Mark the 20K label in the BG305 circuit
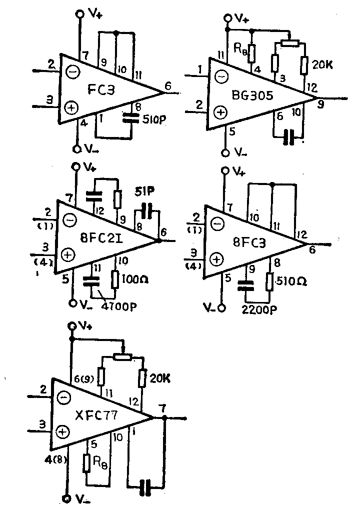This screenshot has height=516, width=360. click(x=323, y=65)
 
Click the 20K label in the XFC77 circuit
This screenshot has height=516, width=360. click(x=160, y=378)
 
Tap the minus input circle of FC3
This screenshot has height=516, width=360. click(x=72, y=73)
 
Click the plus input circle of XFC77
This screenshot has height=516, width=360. click(x=62, y=430)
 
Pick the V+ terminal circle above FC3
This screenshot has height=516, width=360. click(x=79, y=14)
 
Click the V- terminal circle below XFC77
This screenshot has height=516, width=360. click(x=66, y=498)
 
